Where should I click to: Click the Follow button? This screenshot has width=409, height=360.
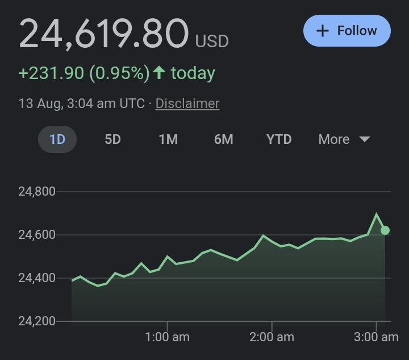[347, 31]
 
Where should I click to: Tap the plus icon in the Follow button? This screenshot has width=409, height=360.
[323, 31]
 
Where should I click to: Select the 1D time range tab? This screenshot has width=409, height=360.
[57, 139]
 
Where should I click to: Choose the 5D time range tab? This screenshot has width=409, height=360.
[112, 139]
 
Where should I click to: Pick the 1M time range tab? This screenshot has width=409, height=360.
[168, 139]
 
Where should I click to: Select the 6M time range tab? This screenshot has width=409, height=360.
[223, 139]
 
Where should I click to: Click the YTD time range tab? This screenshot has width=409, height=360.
[279, 139]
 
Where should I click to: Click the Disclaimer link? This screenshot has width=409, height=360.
[187, 104]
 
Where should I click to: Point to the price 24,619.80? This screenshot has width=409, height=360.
[103, 34]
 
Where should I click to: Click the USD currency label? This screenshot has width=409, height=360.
[212, 42]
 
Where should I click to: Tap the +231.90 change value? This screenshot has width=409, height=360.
[51, 73]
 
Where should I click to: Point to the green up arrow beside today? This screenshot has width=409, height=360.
[160, 73]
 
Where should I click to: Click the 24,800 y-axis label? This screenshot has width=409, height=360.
[37, 192]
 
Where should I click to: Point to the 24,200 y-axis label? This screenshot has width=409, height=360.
[37, 321]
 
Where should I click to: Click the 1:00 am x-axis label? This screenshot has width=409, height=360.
[168, 337]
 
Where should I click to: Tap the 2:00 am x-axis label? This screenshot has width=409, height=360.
[272, 337]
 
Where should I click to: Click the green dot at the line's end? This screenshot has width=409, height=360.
[385, 230]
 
